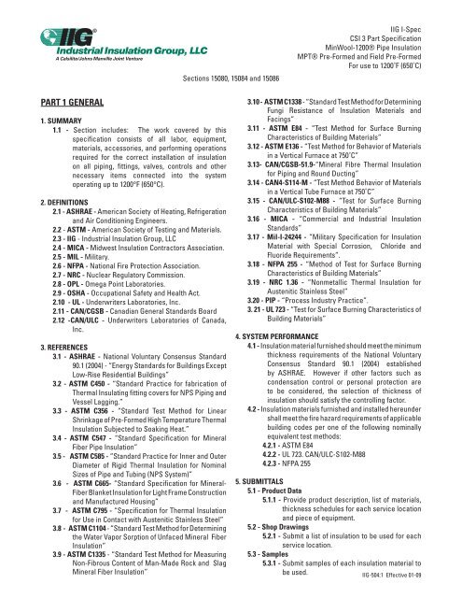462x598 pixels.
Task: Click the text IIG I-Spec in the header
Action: [x=432, y=10]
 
